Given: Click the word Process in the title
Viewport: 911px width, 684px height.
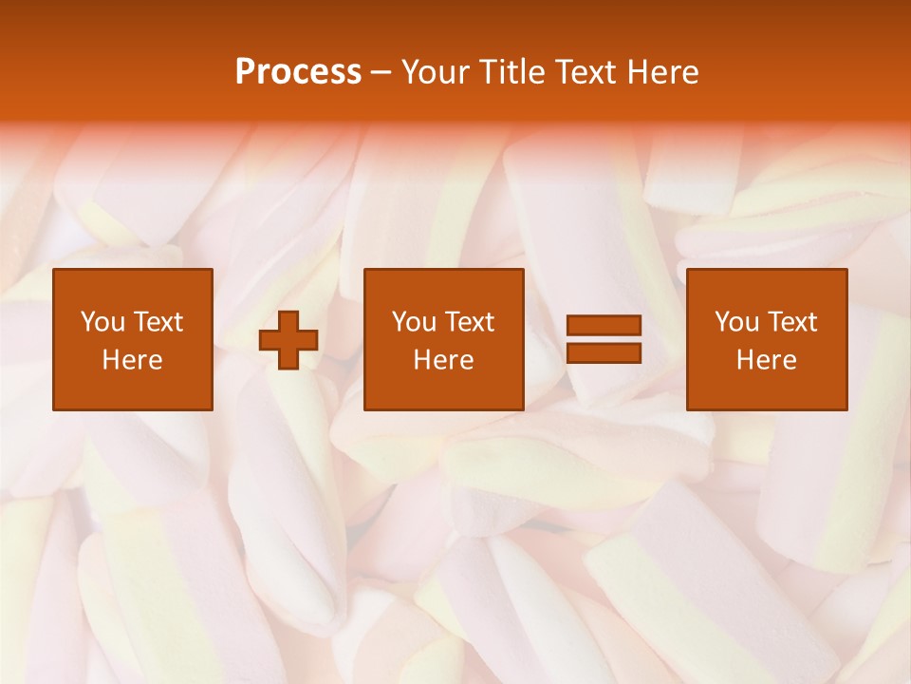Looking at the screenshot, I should tap(298, 72).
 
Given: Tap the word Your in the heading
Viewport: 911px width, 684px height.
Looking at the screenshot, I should tap(434, 72).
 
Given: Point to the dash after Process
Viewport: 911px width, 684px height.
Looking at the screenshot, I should tap(381, 73).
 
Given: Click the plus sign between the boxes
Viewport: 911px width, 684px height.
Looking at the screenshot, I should tap(288, 340).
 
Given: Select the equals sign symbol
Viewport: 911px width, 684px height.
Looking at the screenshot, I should tap(604, 339).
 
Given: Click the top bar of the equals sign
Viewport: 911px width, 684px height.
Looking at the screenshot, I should tap(604, 326).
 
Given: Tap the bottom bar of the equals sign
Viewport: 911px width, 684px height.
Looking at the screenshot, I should tap(604, 352).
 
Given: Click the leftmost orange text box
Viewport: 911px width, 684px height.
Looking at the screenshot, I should tap(133, 339).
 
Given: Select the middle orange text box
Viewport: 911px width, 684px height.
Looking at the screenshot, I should tap(444, 339).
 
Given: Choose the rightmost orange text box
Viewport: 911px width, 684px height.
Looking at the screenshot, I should tap(767, 339).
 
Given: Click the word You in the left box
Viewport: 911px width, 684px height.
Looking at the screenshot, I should tap(102, 322).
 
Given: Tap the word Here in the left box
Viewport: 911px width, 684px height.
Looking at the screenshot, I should tap(133, 360).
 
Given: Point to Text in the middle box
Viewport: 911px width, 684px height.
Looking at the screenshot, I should tap(469, 322).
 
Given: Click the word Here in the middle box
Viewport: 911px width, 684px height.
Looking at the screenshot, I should tap(444, 360).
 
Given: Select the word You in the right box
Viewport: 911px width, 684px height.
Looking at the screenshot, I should tap(736, 322).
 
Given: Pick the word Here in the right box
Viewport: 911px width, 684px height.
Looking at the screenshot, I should tap(767, 360).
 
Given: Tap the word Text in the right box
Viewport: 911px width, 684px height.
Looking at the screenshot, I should tap(791, 322).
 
